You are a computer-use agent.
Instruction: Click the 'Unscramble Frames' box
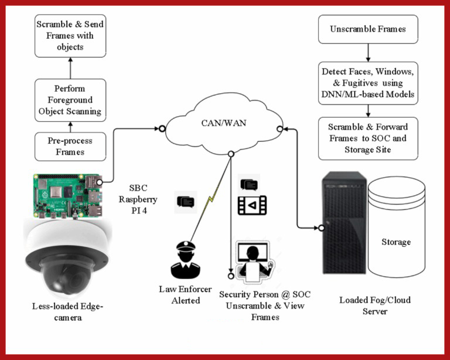[x=368, y=29]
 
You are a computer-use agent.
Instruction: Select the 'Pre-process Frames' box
[x=70, y=147]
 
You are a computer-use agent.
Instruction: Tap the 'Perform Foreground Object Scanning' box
[x=70, y=100]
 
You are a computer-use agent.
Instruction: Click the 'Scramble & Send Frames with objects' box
[x=70, y=36]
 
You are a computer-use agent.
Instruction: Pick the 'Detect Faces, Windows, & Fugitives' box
[x=368, y=83]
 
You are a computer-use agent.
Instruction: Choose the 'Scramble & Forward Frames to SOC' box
[x=368, y=138]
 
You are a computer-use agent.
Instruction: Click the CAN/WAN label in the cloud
[x=224, y=123]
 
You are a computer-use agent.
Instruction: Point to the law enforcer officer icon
[x=186, y=260]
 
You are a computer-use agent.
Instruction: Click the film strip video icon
[x=253, y=205]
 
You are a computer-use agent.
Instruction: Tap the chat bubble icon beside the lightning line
[x=186, y=202]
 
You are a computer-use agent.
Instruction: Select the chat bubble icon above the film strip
[x=249, y=185]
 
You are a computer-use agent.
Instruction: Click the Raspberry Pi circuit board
[x=68, y=196]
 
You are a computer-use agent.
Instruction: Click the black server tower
[x=345, y=223]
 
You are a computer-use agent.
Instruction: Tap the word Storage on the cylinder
[x=396, y=242]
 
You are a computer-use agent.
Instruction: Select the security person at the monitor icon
[x=253, y=262]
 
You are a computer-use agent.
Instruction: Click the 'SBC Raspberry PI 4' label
[x=138, y=199]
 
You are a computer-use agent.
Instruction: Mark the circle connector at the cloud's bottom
[x=231, y=154]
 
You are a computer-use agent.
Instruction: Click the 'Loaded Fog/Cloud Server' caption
[x=375, y=305]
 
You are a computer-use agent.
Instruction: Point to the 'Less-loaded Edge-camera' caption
[x=68, y=312]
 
